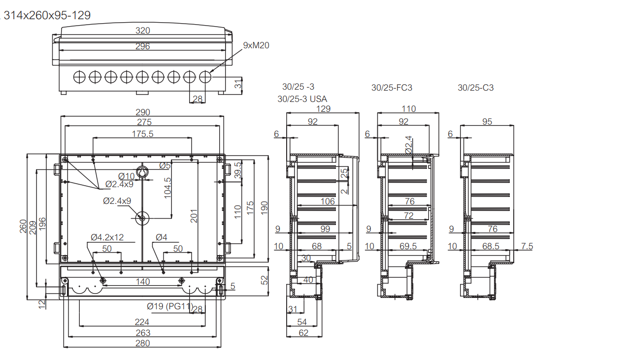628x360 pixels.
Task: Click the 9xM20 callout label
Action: coord(256,45)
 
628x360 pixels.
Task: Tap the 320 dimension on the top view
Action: coord(142,31)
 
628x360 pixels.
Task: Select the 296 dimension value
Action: coord(142,46)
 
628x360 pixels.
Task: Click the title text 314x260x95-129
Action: coord(47,15)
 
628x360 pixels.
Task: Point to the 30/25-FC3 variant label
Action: coord(392,88)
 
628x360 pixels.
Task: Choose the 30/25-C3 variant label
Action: coord(475,88)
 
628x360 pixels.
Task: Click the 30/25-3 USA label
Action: coord(302,99)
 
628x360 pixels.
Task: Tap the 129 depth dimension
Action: coord(323,109)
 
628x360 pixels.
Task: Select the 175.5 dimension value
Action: coord(142,133)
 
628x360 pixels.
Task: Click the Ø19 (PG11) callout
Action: coord(169,306)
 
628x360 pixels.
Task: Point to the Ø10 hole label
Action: coord(127,176)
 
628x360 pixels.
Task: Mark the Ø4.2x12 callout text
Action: coord(107,237)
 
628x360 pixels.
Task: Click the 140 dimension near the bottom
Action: coord(142,282)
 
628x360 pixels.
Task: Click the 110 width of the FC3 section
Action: coord(408,109)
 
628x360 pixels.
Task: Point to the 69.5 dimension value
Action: coord(408,246)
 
